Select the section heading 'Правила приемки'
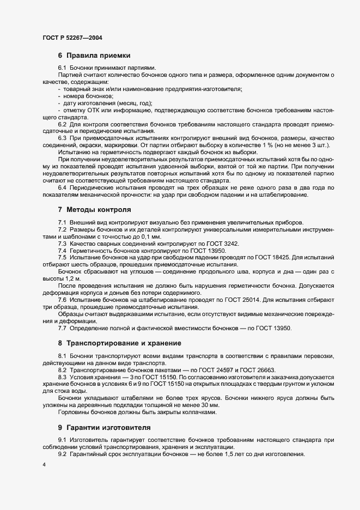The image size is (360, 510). click(97, 55)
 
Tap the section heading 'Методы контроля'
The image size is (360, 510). click(98, 209)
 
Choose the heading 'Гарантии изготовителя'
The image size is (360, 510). click(108, 427)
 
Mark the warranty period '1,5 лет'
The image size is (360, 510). click(231, 454)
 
